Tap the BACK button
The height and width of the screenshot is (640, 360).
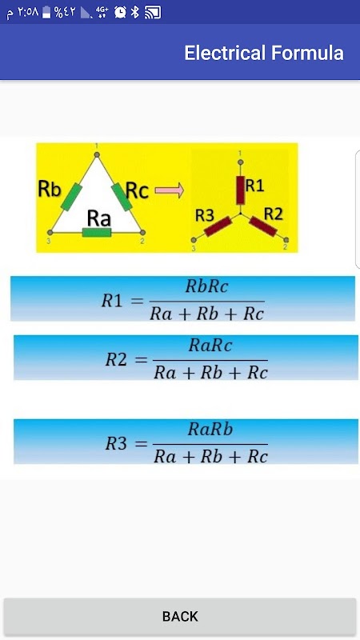click(180, 616)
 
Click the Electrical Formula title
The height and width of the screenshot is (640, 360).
click(264, 53)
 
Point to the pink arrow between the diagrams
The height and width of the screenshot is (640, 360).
click(170, 190)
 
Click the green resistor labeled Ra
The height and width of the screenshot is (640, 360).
click(96, 233)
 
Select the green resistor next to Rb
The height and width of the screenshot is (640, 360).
click(71, 197)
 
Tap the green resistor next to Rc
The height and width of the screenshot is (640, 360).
click(122, 197)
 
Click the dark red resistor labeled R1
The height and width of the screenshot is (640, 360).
click(241, 190)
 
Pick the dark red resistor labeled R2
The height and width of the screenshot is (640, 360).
click(263, 226)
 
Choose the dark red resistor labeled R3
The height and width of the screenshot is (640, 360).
click(218, 226)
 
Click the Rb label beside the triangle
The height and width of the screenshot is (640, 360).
click(50, 189)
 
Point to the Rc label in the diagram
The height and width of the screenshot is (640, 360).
click(137, 190)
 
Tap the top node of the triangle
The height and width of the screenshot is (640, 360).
click(97, 154)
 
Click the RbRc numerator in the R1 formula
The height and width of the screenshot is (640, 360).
click(206, 287)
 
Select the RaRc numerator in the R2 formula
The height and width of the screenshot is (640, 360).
click(210, 346)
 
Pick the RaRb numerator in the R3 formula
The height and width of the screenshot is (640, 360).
click(210, 430)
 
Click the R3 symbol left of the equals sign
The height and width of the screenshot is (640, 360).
click(116, 444)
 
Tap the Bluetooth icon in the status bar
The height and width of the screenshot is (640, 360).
click(135, 12)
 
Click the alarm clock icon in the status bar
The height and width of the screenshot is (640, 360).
click(121, 12)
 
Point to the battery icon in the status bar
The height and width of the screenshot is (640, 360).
click(46, 12)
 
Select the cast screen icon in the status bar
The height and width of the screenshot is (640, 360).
click(153, 12)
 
